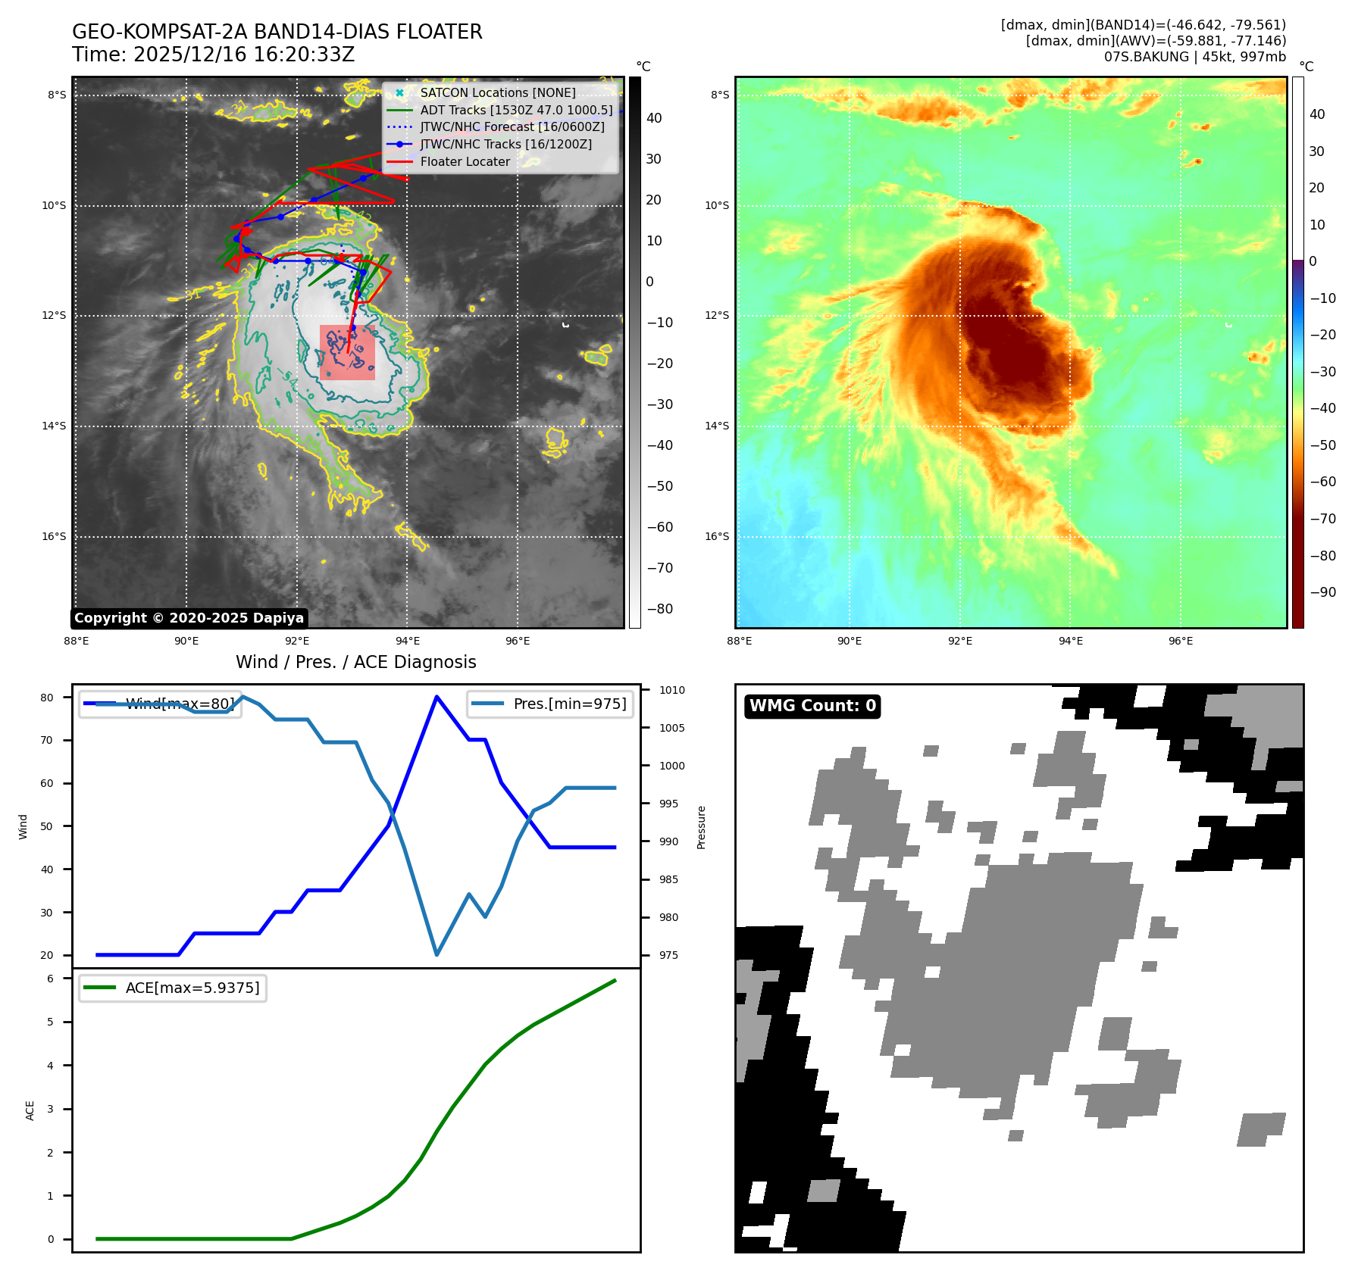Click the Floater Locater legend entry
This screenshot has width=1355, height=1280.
(x=465, y=161)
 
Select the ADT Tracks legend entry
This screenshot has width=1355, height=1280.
(x=515, y=110)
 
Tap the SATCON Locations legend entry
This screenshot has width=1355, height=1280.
(x=497, y=92)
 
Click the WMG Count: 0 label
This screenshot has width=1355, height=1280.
(x=812, y=706)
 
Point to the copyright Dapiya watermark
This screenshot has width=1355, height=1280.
(x=189, y=618)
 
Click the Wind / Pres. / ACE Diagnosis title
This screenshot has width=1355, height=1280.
(x=355, y=662)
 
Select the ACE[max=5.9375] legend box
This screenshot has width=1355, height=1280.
(x=173, y=988)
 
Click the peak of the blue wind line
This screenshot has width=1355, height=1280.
(x=437, y=697)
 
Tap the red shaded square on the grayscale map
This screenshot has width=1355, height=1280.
(x=347, y=352)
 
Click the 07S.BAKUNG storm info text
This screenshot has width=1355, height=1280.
(x=1194, y=57)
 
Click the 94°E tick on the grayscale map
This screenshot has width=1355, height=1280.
(x=408, y=641)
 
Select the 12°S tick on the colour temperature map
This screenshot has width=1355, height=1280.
(x=717, y=315)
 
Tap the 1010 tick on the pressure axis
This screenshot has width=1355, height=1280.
(x=671, y=690)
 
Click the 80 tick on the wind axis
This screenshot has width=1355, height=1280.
(x=47, y=698)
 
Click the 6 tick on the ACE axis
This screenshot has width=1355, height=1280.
(x=50, y=979)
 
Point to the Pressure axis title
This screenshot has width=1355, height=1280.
(x=701, y=827)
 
